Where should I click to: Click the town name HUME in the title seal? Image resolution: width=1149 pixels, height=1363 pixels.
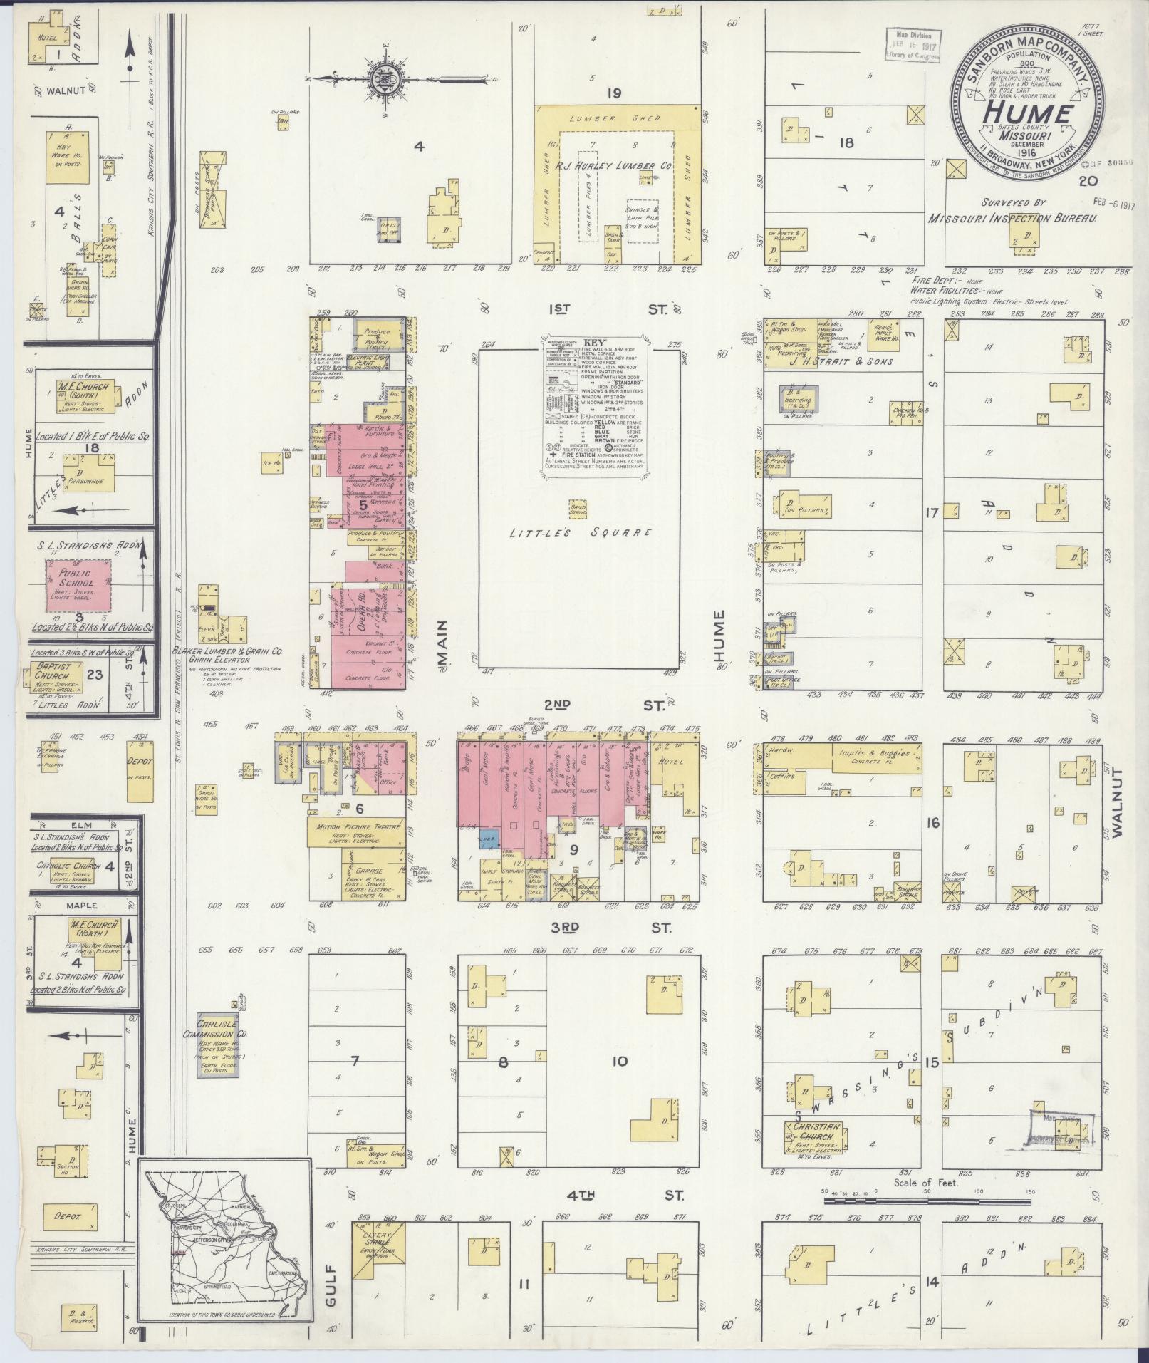(x=1026, y=114)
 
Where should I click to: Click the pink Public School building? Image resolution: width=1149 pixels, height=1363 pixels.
(x=79, y=583)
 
